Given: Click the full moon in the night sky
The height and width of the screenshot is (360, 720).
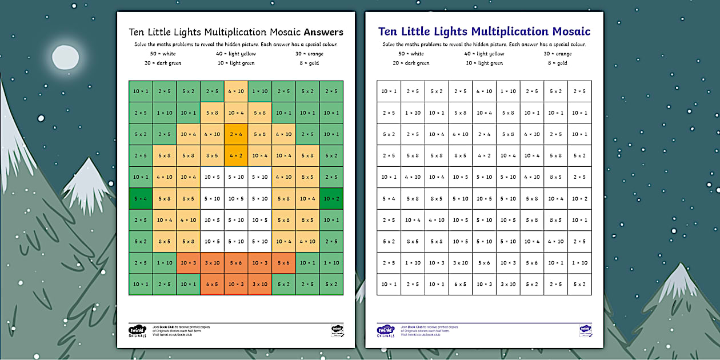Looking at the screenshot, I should [66, 57].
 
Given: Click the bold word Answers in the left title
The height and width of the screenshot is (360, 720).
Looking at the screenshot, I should [323, 32].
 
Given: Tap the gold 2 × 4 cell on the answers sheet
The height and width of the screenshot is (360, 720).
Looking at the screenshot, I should [236, 134].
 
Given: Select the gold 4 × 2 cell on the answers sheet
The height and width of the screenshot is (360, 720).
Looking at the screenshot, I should [236, 155].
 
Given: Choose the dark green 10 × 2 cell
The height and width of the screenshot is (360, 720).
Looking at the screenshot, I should [331, 198].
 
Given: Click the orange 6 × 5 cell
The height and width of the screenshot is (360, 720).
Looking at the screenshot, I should [212, 284].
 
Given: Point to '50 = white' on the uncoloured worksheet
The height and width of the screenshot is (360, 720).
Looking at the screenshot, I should [411, 54].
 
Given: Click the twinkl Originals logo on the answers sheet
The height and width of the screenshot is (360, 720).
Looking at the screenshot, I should [138, 331].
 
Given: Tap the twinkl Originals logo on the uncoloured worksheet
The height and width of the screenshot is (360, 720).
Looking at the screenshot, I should [386, 331].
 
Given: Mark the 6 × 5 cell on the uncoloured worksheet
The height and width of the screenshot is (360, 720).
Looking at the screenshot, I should [460, 284].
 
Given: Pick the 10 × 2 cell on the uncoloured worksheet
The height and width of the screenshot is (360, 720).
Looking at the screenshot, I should [579, 198].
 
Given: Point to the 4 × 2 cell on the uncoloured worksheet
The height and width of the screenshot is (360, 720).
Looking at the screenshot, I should [484, 155].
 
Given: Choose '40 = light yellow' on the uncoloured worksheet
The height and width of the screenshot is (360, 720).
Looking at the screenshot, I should [484, 54].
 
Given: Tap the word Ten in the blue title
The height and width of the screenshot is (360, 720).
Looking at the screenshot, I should [389, 31].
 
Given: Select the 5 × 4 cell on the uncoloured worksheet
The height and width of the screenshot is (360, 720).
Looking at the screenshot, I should [389, 198].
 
